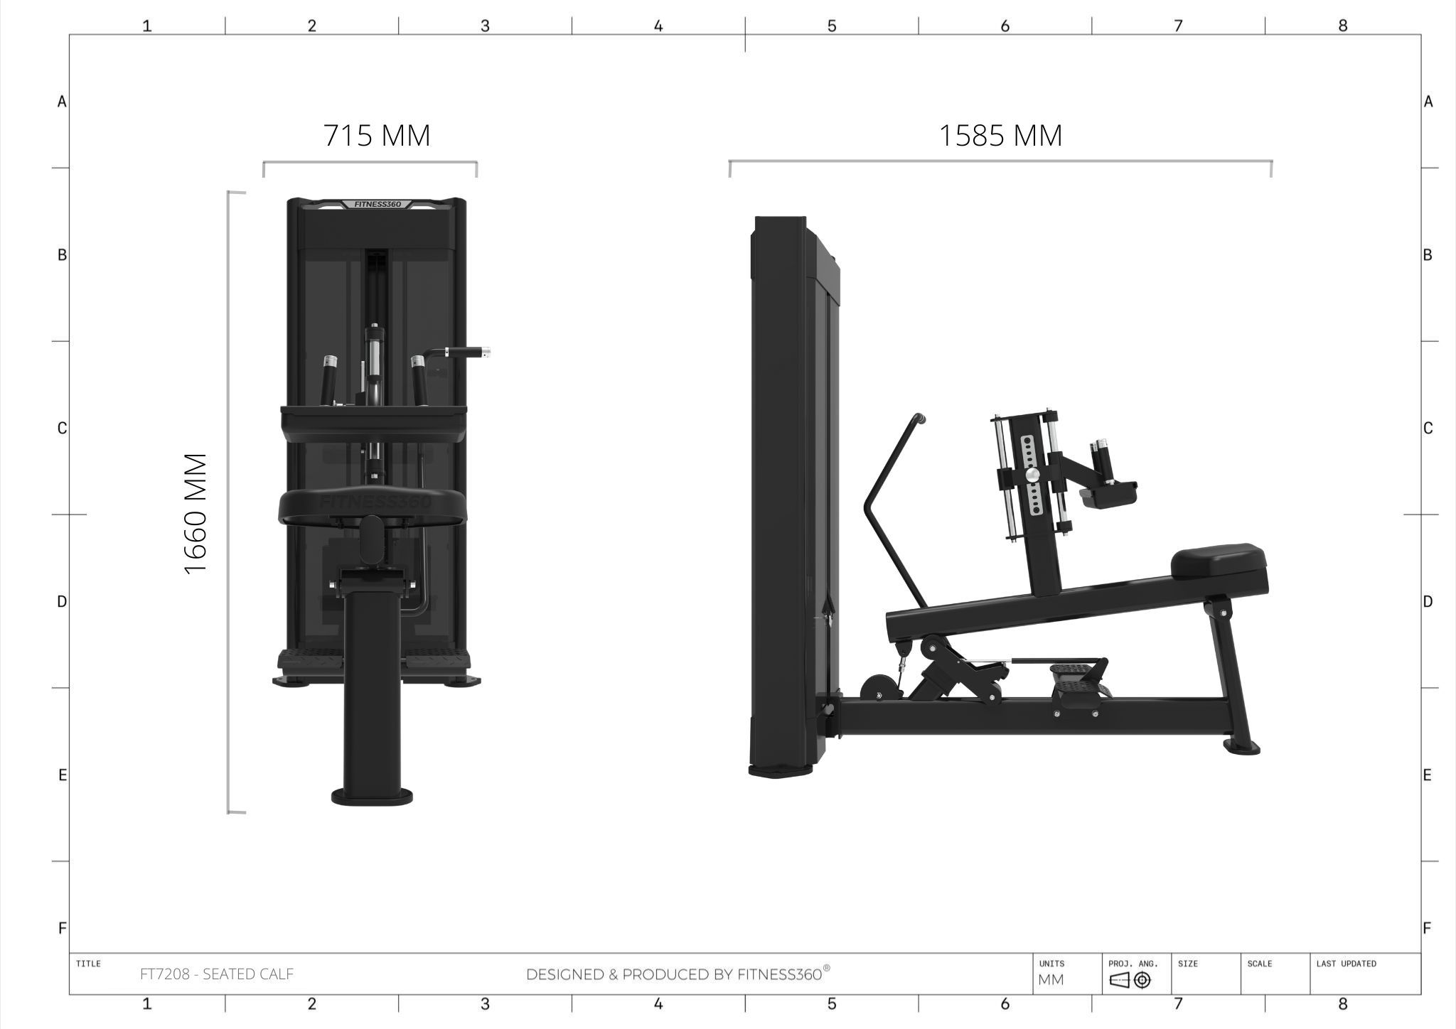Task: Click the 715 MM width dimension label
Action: point(377,135)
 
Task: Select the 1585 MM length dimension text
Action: point(1001,135)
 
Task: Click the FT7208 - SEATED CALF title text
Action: point(217,974)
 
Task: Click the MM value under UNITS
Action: point(1051,980)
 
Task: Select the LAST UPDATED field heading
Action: point(1346,964)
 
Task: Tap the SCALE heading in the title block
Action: point(1259,964)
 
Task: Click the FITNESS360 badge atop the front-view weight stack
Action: point(378,204)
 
